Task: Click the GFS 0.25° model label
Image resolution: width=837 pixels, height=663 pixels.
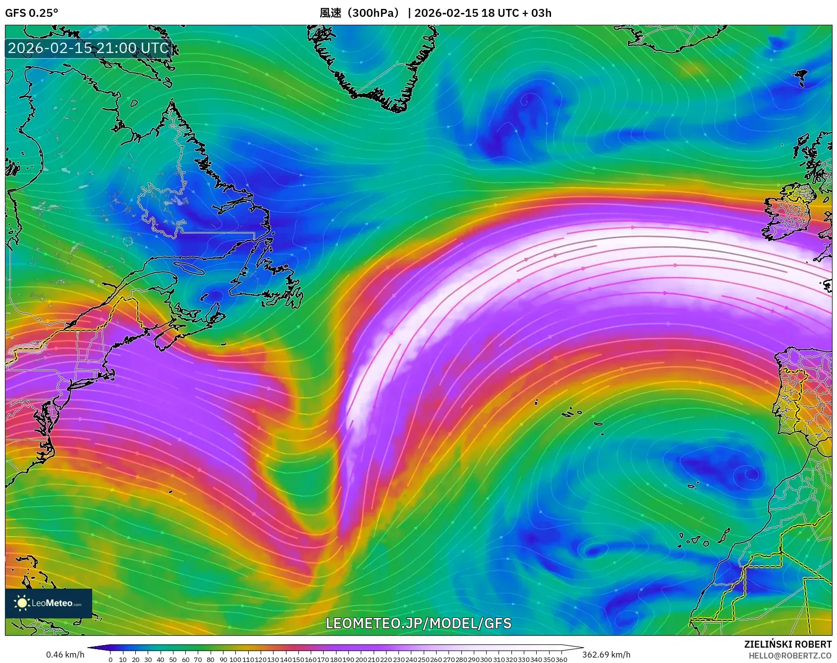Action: (x=31, y=13)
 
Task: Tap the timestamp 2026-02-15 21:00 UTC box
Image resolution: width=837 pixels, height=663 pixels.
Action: (x=89, y=48)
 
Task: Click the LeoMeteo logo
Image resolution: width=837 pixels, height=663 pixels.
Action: (x=49, y=603)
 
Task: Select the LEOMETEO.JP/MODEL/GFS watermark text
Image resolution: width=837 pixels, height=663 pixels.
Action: (x=418, y=623)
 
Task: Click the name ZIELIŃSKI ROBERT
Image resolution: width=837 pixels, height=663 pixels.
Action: (x=787, y=644)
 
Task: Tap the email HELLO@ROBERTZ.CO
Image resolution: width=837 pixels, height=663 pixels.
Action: (x=790, y=656)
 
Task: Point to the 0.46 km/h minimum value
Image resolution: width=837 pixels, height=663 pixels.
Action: (x=65, y=655)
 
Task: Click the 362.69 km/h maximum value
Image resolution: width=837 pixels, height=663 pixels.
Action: (x=606, y=655)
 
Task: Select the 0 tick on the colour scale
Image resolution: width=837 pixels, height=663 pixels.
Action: (x=111, y=660)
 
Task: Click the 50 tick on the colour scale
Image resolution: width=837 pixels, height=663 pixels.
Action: (x=173, y=660)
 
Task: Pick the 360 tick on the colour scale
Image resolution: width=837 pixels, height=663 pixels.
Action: (x=561, y=660)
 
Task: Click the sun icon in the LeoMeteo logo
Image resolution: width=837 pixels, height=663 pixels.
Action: (x=22, y=603)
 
